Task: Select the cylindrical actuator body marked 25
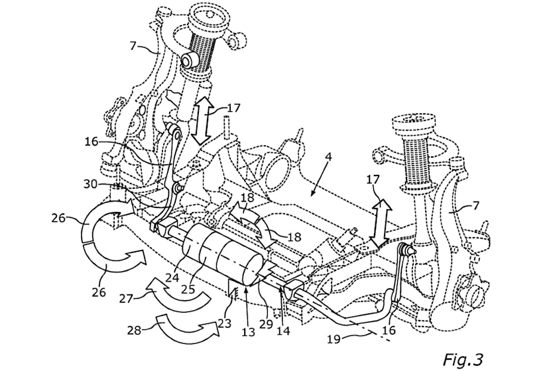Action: (219, 255)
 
